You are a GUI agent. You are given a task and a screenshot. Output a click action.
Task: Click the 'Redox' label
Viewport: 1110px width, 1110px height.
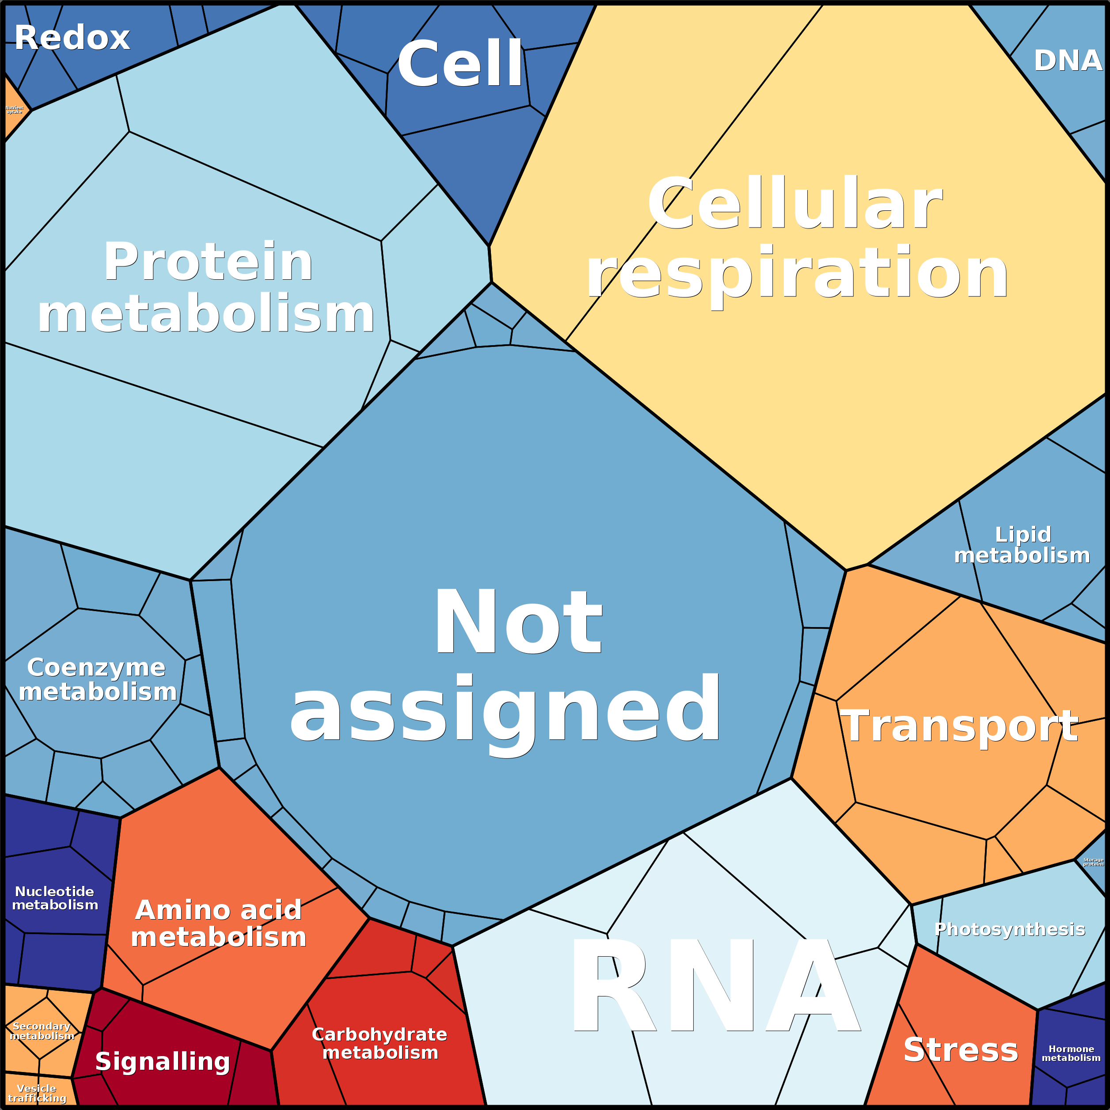point(72,38)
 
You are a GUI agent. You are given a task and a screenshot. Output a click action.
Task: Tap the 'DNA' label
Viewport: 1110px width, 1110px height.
point(1068,61)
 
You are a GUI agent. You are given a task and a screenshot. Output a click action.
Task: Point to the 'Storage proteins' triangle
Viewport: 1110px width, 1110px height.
point(1093,862)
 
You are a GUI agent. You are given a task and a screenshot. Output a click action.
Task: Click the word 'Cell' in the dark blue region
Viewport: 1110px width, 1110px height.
point(460,65)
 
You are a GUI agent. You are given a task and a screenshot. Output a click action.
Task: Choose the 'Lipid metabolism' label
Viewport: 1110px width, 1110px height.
point(1022,545)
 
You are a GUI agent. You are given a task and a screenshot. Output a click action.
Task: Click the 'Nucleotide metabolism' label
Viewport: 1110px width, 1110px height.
point(55,898)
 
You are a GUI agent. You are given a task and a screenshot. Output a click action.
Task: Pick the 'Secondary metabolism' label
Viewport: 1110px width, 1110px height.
point(42,1031)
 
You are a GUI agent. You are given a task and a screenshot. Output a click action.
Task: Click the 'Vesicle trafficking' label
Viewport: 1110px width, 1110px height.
point(37,1093)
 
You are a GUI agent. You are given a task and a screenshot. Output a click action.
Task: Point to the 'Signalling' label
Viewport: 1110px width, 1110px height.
point(163,1061)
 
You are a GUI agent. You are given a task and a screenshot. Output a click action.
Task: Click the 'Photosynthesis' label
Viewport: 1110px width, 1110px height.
point(1009,929)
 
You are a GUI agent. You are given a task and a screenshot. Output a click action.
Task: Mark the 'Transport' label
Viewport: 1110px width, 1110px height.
point(958,726)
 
